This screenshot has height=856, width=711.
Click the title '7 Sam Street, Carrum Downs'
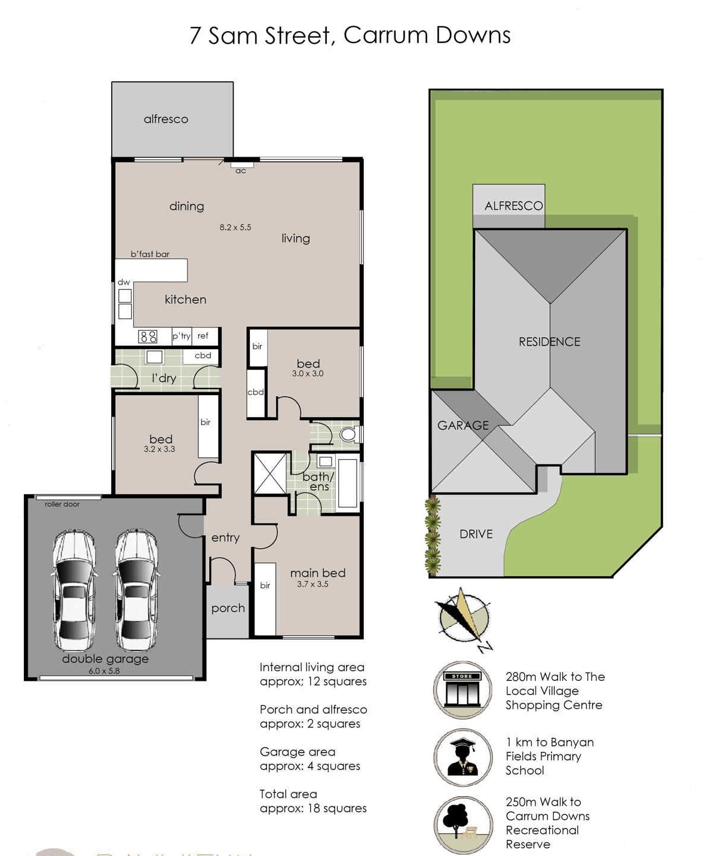(350, 36)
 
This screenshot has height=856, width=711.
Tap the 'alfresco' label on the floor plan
(166, 120)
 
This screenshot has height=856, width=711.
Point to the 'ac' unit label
(241, 171)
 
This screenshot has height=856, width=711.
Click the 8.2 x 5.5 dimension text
(235, 227)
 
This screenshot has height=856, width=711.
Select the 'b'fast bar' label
(150, 254)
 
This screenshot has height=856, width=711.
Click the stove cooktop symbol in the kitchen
(148, 337)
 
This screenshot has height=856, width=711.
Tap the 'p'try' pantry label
(182, 336)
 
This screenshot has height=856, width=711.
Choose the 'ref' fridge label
(203, 336)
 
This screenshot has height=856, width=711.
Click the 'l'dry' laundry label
(164, 378)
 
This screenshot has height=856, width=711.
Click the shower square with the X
(270, 473)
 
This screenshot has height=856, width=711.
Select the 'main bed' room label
(318, 573)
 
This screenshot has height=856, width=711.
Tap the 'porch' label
(228, 609)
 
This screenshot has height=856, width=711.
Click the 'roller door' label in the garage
(62, 505)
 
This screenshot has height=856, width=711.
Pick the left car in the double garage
(74, 590)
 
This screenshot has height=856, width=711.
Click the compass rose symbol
(464, 618)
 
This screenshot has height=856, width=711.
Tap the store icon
(462, 690)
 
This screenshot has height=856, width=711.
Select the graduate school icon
(463, 757)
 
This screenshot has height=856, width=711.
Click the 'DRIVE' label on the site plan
(476, 534)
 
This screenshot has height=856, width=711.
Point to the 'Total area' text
(288, 794)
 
